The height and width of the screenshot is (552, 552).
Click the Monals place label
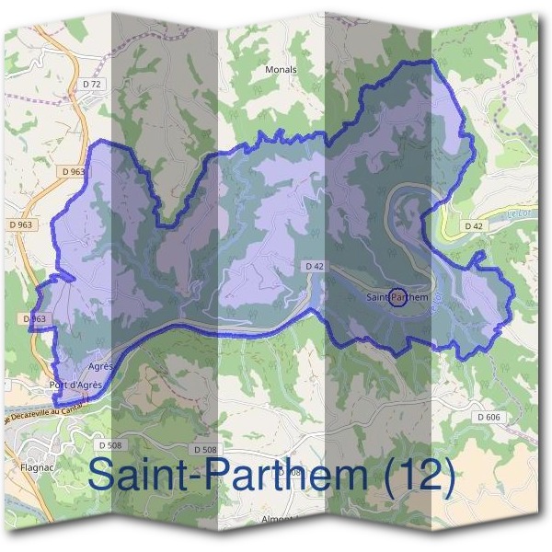[x=282, y=69]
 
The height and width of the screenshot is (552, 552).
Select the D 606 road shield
[x=489, y=417]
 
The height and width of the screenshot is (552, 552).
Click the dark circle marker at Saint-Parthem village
[x=397, y=296]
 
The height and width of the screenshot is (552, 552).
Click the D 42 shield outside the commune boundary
[x=474, y=225]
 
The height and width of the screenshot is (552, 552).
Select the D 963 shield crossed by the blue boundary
[x=32, y=319]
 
